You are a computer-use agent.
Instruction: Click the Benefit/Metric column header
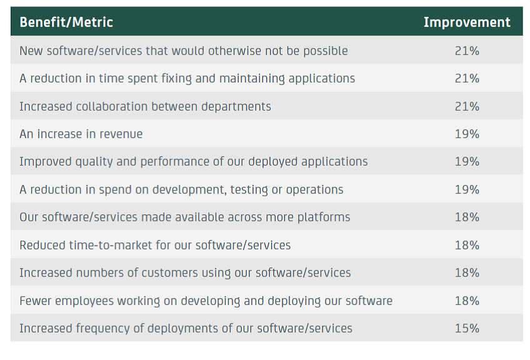[x=66, y=22]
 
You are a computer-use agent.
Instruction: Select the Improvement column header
[x=467, y=22]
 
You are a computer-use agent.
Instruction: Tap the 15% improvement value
[x=467, y=328]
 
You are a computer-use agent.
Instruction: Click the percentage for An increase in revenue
[x=467, y=134]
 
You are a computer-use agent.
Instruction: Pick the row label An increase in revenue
[x=81, y=134]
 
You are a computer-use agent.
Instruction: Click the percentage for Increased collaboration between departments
[x=467, y=106]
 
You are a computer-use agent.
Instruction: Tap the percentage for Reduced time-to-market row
[x=467, y=245]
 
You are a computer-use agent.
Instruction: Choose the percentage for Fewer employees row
[x=467, y=301]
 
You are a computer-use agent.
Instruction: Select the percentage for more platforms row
[x=467, y=217]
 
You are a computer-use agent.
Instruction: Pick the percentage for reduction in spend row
[x=467, y=189]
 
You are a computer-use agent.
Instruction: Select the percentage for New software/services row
[x=467, y=51]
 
